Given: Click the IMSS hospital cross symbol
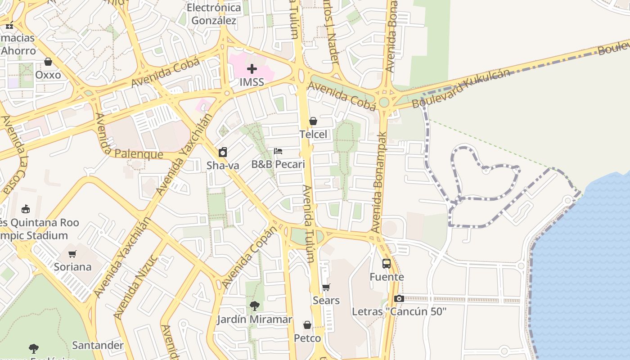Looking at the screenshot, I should point(252,69).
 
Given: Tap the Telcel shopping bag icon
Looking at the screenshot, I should point(313,121).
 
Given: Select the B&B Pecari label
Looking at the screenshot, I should point(278,164).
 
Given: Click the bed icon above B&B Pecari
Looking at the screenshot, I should point(278,151).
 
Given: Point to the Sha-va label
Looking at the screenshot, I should point(223,165).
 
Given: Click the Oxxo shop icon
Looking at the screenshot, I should point(48,62).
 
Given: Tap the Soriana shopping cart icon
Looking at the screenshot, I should point(72,254).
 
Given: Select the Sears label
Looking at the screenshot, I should point(326,300).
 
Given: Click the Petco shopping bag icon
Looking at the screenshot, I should point(307,325).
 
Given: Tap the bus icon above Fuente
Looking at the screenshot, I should point(387,264).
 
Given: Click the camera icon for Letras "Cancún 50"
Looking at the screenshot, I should point(399,298).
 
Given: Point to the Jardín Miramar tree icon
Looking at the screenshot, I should point(254,306).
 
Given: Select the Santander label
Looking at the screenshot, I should point(98,345).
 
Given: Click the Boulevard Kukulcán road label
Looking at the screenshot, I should point(461,88).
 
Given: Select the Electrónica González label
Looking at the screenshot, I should point(214,14).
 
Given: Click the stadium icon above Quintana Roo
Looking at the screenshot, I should point(26,209).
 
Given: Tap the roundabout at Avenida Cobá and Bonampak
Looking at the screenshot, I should point(384,102).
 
